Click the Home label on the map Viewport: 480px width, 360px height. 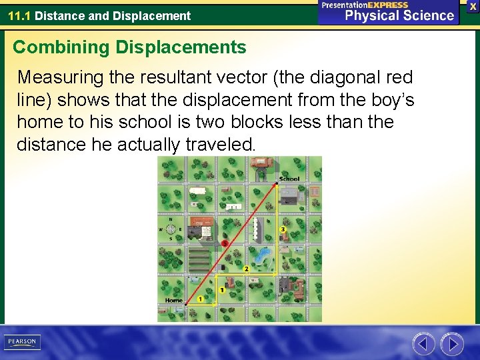[174, 301]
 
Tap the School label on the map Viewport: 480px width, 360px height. [290, 179]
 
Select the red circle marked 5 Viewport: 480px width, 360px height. [225, 243]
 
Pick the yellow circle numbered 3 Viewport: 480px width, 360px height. [283, 229]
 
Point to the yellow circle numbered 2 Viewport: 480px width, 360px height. [246, 269]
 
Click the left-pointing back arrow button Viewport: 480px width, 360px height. [423, 344]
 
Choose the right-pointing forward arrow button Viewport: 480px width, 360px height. [452, 344]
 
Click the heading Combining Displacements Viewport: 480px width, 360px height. [129, 47]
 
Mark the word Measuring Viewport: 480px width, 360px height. [59, 77]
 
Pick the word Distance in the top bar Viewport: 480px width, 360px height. [59, 15]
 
